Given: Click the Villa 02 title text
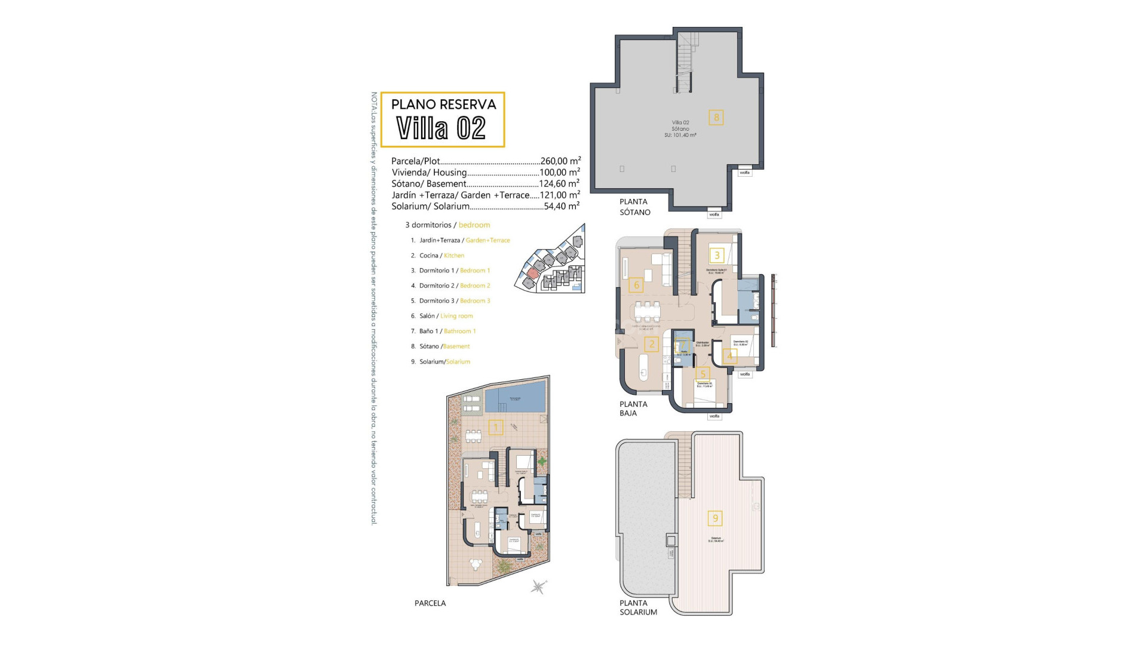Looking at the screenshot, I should (x=441, y=128).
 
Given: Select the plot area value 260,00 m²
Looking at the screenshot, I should (x=559, y=161).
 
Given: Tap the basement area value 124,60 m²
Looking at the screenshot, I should (x=559, y=183).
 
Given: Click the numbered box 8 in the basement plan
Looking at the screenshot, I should (x=716, y=117).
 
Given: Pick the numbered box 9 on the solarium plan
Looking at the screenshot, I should (x=715, y=518).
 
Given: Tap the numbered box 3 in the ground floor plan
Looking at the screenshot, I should (x=717, y=256).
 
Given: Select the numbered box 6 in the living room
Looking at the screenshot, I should (x=636, y=285).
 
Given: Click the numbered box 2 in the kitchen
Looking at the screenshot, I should (x=652, y=343).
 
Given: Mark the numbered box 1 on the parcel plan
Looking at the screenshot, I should (x=495, y=427).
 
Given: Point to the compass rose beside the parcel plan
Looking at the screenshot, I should (x=539, y=586).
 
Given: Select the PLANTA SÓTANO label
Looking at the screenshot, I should (x=634, y=207).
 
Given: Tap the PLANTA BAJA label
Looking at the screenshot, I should (x=633, y=408).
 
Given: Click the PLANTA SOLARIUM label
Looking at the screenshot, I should (x=637, y=607).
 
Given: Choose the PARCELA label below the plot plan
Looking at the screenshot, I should (x=430, y=603).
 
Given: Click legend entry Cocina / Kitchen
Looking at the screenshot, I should (x=441, y=256).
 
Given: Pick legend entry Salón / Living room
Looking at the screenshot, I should (x=446, y=316).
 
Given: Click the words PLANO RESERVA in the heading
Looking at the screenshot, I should (x=443, y=105).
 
